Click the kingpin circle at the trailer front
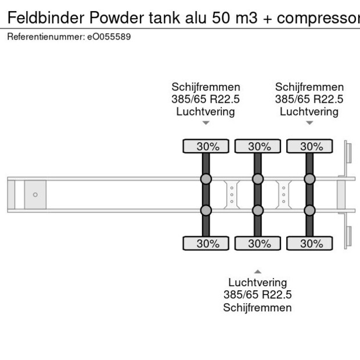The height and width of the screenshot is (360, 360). (35, 195)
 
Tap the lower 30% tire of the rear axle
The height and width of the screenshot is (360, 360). (311, 243)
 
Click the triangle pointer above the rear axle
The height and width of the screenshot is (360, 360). (309, 123)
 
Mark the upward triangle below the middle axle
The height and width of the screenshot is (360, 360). (258, 271)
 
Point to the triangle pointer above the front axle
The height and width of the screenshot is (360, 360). (206, 123)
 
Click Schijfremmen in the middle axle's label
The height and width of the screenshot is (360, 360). (257, 308)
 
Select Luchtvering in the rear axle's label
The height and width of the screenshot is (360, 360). (309, 111)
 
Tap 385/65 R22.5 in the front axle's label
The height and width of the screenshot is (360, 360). (206, 99)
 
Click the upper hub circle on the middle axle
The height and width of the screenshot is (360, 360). (258, 178)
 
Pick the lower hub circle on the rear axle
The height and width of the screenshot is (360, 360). (309, 210)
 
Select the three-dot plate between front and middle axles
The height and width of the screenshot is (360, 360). (232, 194)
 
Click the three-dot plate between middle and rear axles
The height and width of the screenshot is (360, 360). (283, 194)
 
